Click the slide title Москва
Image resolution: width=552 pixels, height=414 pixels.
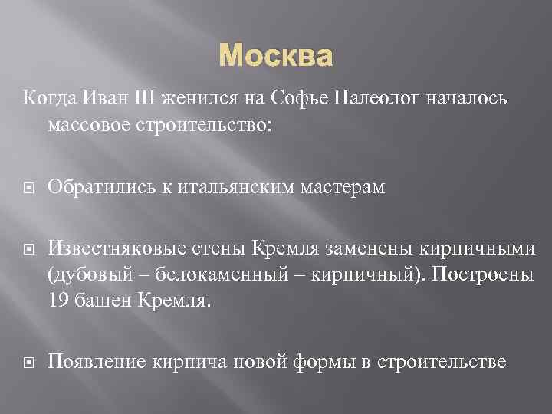(276, 56)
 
